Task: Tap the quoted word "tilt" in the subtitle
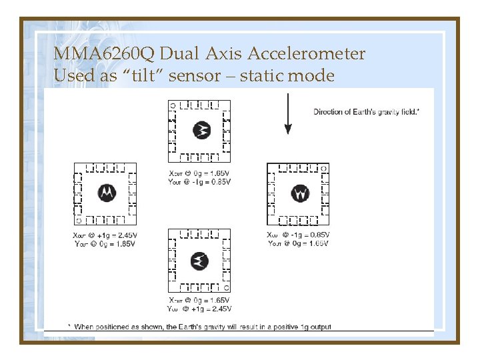coord(143,75)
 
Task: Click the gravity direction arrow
coord(287,113)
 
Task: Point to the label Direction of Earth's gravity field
coord(366,111)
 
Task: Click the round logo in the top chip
coord(201,131)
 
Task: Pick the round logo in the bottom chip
coord(199,261)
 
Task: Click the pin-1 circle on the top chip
coord(172,105)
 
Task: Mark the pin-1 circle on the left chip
coord(79,219)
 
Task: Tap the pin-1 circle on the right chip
coord(323,167)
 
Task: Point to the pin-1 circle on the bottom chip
coord(226,287)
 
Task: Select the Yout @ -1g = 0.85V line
coord(199,181)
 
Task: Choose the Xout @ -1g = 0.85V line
coord(298,235)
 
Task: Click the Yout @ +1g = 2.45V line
coord(199,309)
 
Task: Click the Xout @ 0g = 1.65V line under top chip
coord(199,173)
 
